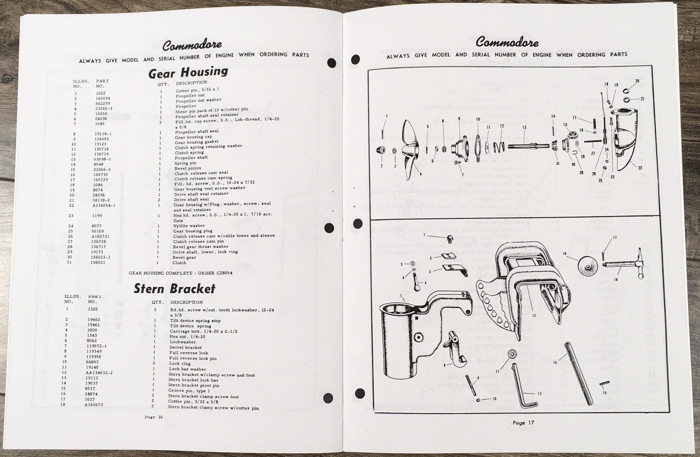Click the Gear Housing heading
coord(188,72)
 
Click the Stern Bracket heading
coord(174,288)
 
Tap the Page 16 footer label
coord(154,417)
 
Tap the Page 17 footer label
coord(523,423)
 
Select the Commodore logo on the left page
coord(192,45)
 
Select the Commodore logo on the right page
coord(507,42)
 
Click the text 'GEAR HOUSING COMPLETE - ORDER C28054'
coord(180,273)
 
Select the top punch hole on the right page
coord(356,59)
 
